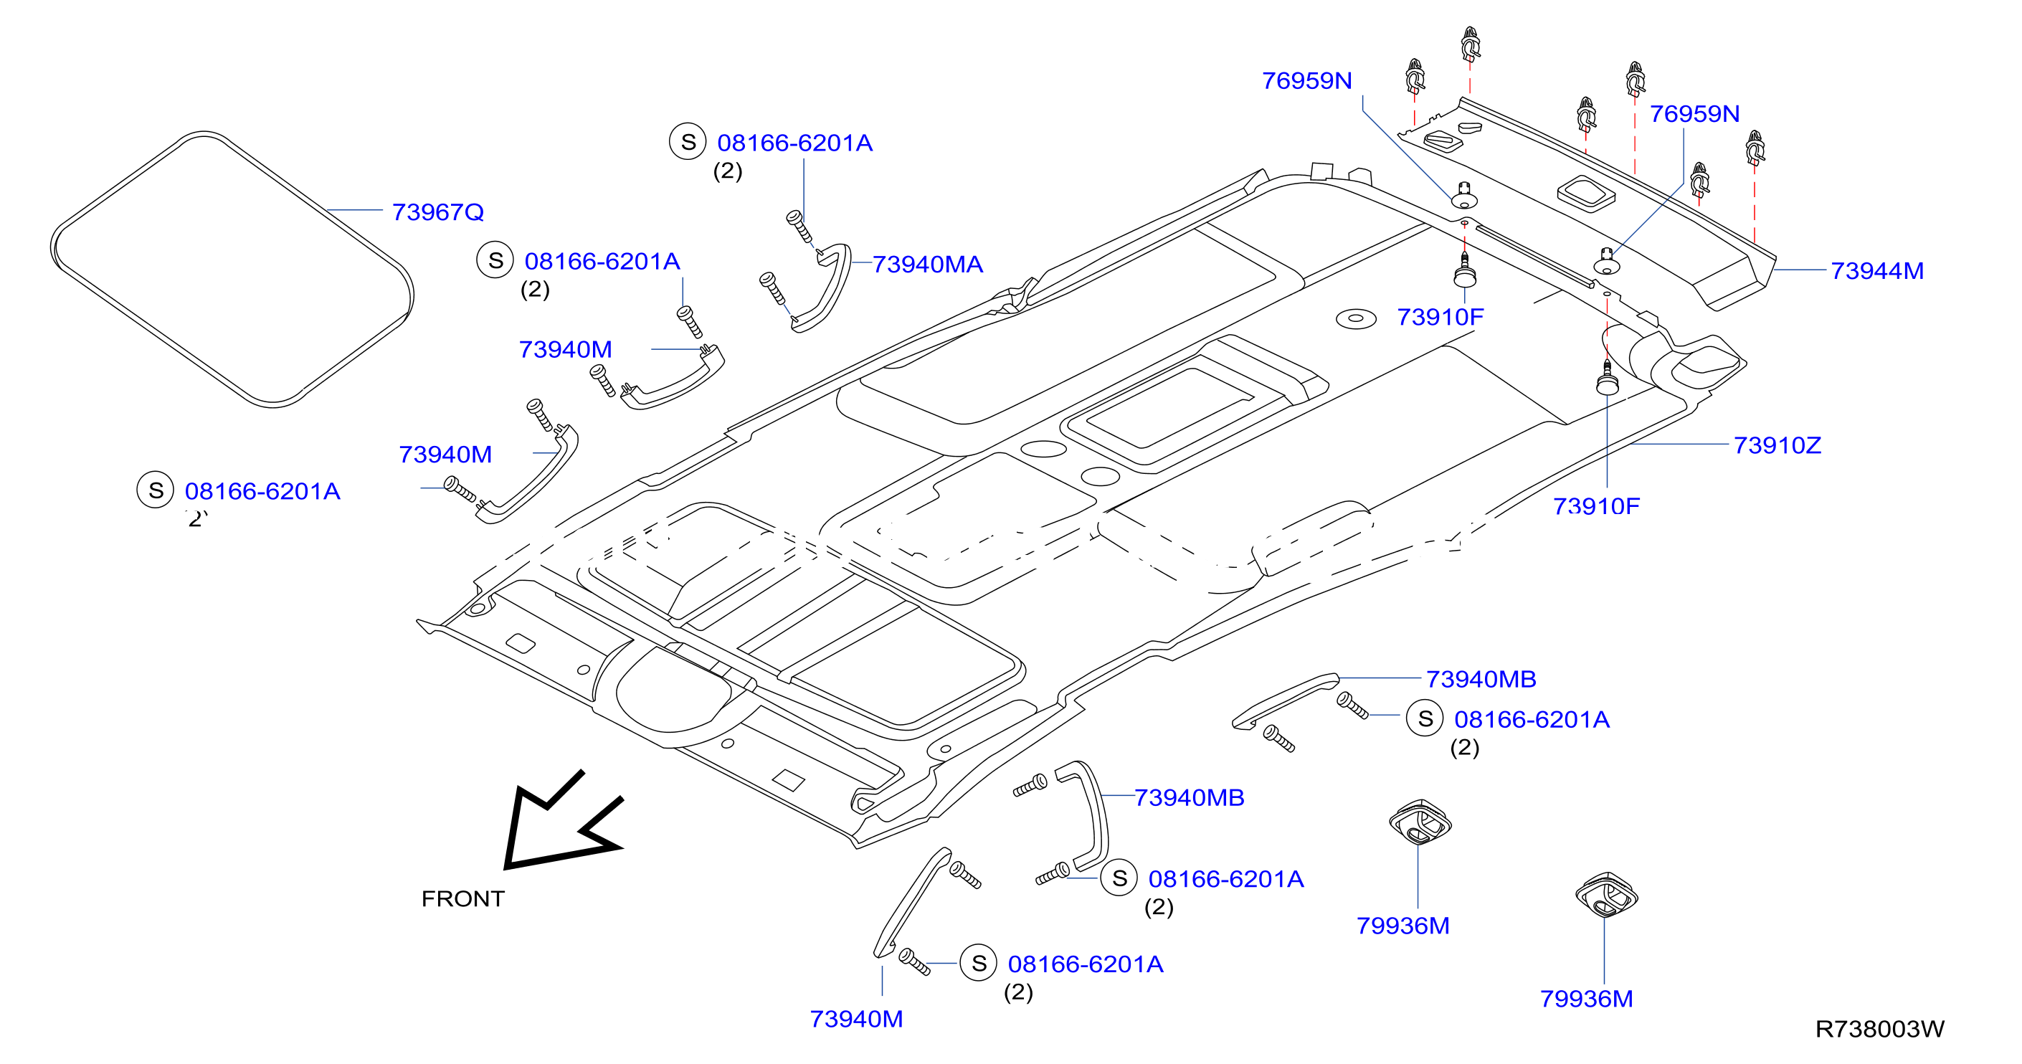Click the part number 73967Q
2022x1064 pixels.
(x=438, y=212)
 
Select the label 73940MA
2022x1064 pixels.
(x=928, y=265)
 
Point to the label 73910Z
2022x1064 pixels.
(x=1777, y=445)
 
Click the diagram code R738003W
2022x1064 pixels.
(x=1880, y=1029)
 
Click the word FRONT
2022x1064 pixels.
(x=463, y=898)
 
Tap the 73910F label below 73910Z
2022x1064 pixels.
(x=1597, y=506)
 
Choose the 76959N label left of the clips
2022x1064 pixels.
(x=1307, y=81)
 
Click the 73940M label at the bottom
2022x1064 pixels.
(x=856, y=1019)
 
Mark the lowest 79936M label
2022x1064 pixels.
(x=1586, y=999)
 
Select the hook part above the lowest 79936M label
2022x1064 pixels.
(x=1607, y=894)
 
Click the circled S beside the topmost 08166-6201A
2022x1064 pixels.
(x=688, y=142)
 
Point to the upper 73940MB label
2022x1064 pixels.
(x=1481, y=679)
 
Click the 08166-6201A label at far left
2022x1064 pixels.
(x=262, y=491)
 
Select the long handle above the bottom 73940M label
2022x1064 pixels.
(x=911, y=903)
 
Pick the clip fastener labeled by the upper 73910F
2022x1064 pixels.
(x=1465, y=272)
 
